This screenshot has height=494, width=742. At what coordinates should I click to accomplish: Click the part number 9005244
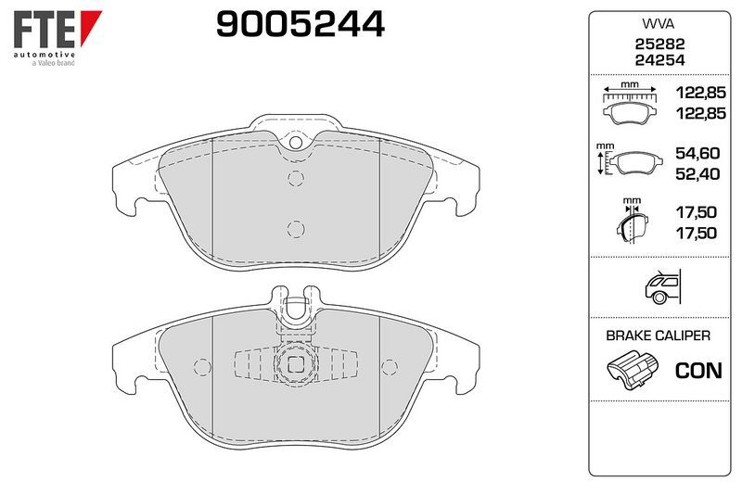coord(301,24)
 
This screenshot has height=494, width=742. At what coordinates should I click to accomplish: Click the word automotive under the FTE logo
coord(44,55)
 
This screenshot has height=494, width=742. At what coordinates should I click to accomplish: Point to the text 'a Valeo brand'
coord(54,63)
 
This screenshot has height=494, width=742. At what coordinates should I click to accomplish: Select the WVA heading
coord(659,24)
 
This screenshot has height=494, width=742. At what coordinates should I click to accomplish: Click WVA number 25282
coord(659,44)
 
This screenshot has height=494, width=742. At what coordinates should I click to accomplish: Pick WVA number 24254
coord(659,60)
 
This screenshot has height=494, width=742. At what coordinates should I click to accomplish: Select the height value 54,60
coord(697,153)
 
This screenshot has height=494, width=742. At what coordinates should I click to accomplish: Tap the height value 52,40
coord(697,174)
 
